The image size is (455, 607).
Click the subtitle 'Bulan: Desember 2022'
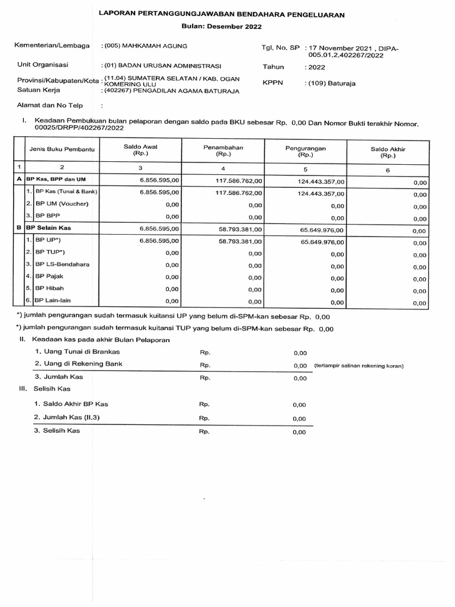pos(221,26)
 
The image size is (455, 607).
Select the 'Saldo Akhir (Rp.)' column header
pos(387,152)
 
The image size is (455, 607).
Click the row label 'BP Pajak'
pos(50,276)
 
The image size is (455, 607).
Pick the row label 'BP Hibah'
pos(50,288)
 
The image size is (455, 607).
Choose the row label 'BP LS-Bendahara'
pos(62,264)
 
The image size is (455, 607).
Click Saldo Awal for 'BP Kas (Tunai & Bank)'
pos(156,193)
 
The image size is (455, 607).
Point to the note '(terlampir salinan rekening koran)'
pos(358,366)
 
